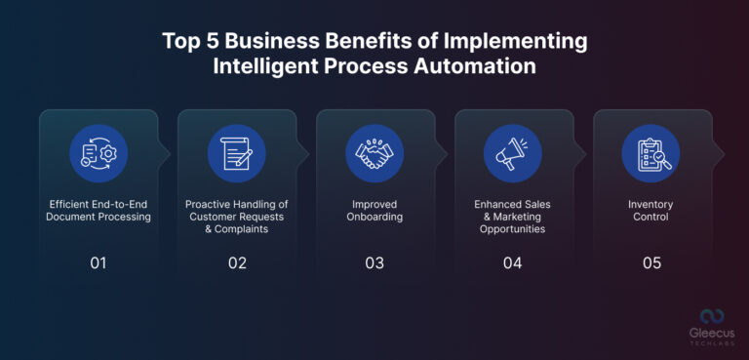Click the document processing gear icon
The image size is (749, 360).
(x=99, y=153)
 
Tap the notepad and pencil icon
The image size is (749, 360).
(x=237, y=153)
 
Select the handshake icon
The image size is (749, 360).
(x=375, y=153)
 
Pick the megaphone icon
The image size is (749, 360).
(x=513, y=153)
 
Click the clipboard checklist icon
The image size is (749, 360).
(x=651, y=153)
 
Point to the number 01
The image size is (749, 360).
(x=99, y=262)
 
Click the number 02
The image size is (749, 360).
(x=237, y=262)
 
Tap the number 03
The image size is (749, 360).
(x=375, y=262)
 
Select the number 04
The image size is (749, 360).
(x=513, y=262)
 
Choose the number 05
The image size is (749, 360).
(x=651, y=262)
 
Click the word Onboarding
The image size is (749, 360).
(x=375, y=217)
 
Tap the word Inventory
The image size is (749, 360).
(x=651, y=205)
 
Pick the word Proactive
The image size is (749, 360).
(x=210, y=205)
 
